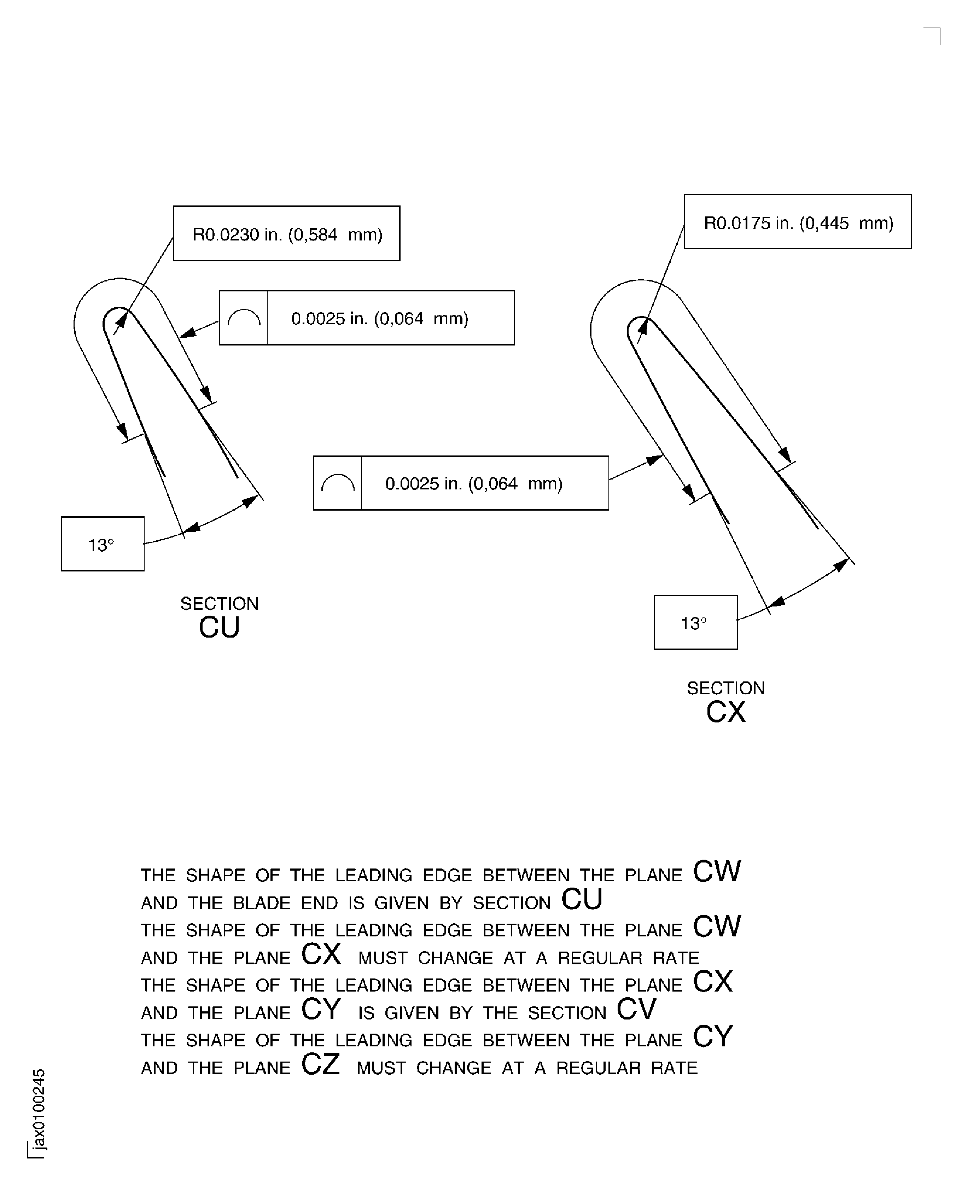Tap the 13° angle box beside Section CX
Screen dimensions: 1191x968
(x=695, y=622)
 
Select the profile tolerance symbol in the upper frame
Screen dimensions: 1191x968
(x=244, y=318)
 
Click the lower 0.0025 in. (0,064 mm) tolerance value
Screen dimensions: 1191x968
(x=473, y=483)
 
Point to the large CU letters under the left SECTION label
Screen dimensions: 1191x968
(x=219, y=627)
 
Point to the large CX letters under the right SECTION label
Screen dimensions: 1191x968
(x=725, y=712)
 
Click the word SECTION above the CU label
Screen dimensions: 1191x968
(x=219, y=604)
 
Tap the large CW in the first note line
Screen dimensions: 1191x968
(x=717, y=872)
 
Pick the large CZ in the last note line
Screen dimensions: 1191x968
(x=321, y=1064)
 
